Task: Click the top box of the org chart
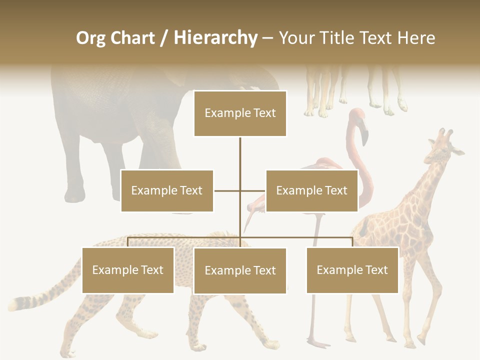(240, 113)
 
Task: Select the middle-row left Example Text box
(167, 190)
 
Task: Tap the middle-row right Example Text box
(311, 190)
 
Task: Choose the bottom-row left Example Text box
(128, 270)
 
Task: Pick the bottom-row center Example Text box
(240, 270)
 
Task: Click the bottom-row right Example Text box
(352, 270)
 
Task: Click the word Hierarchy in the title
(215, 38)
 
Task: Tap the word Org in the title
(91, 38)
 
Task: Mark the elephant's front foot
(75, 195)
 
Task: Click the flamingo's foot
(318, 343)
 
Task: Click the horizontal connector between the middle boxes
(240, 190)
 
